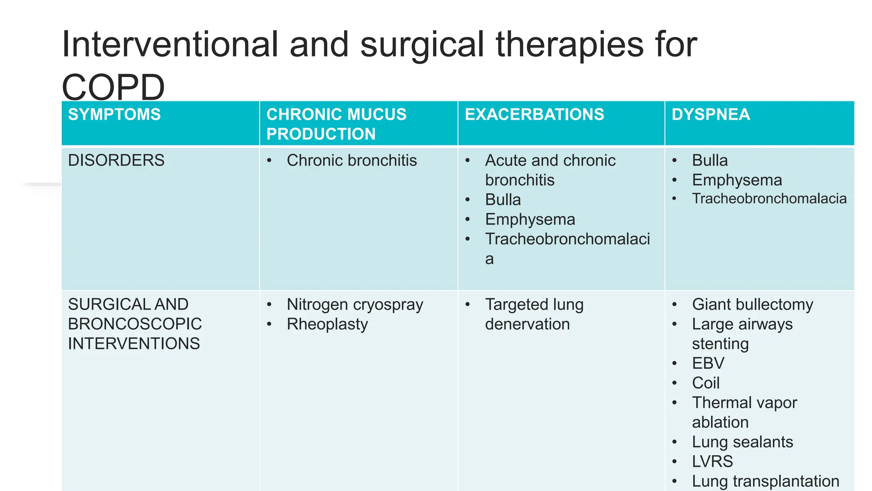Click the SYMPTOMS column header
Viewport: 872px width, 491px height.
(x=114, y=115)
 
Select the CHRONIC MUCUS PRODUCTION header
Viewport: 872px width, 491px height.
(x=336, y=124)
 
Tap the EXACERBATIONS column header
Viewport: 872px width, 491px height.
(x=534, y=115)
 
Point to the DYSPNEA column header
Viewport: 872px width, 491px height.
(x=711, y=115)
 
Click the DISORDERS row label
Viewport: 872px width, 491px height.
(x=116, y=161)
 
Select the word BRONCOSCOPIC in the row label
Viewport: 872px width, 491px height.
(x=135, y=324)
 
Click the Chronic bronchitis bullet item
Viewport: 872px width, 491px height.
(x=351, y=161)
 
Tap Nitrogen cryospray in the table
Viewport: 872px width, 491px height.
(x=355, y=304)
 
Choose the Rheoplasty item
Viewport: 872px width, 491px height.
(x=327, y=324)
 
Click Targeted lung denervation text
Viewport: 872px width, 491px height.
(x=534, y=314)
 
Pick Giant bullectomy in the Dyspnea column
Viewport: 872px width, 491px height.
(x=752, y=304)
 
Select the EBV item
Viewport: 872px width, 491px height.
(x=708, y=363)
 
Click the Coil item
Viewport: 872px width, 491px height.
(x=706, y=383)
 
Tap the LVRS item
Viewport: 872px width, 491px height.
(x=712, y=461)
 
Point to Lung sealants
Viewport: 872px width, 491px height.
(x=742, y=442)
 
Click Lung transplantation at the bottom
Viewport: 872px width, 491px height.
(x=765, y=481)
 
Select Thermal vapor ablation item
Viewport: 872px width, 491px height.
(x=744, y=412)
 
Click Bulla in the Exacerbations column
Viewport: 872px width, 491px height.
(x=502, y=200)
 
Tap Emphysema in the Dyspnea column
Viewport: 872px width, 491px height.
(x=737, y=180)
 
